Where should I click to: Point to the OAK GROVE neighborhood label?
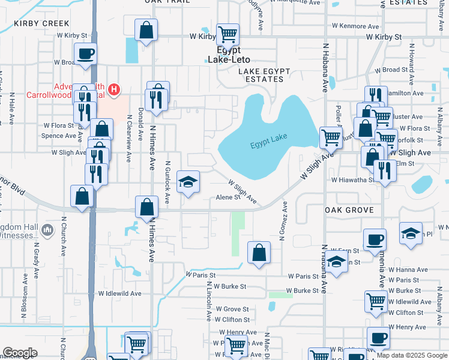349,210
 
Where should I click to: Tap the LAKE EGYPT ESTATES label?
264,76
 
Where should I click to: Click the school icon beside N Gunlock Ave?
188,182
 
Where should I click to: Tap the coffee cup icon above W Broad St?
85,53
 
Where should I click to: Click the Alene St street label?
228,197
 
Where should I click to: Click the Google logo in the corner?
19,353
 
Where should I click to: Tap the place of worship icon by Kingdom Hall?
49,230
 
